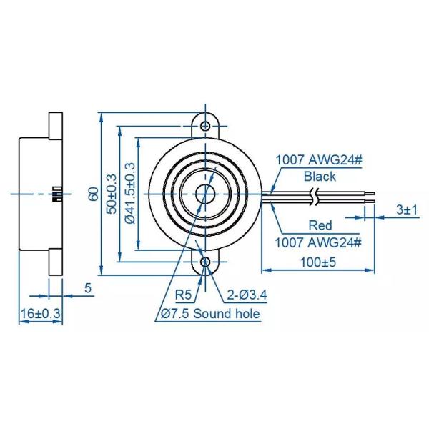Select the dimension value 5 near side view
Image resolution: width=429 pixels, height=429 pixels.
(88, 288)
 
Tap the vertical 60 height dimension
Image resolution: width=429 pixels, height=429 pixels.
(92, 194)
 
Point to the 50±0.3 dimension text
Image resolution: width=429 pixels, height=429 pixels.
(110, 194)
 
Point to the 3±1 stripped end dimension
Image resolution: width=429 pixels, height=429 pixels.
(406, 210)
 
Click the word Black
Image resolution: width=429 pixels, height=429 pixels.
(320, 176)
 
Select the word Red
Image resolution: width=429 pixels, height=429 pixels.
(320, 225)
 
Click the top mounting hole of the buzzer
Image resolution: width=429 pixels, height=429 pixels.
(207, 126)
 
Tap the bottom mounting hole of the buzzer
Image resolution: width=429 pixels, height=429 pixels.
(207, 262)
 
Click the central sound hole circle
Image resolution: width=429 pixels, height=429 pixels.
(207, 194)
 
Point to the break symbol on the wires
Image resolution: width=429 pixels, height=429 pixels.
(315, 195)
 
